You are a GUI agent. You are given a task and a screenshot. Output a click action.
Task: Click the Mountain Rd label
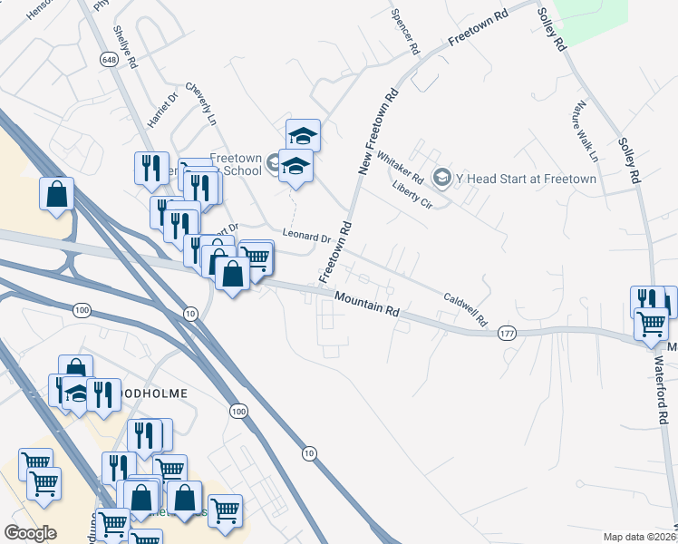[x=366, y=304]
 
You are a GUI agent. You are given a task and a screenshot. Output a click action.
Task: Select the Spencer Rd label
[x=405, y=31]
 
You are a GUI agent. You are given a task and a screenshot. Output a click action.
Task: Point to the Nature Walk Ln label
[x=585, y=131]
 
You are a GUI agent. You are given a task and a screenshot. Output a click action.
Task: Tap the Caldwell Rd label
[x=465, y=309]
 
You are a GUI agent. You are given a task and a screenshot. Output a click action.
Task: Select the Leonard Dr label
[x=306, y=238]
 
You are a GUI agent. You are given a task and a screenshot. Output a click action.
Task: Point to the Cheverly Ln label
[x=201, y=105]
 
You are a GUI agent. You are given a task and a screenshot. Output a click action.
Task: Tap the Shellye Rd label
[x=124, y=47]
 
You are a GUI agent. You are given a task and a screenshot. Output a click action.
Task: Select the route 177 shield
[x=507, y=335]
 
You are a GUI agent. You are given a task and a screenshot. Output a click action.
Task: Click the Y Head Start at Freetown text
[x=526, y=179]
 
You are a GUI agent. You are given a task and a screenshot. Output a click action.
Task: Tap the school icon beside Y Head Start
[x=441, y=177]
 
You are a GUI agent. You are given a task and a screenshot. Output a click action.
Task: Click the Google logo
[x=30, y=533]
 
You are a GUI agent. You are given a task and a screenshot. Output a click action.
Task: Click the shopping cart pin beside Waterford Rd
[x=651, y=322]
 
